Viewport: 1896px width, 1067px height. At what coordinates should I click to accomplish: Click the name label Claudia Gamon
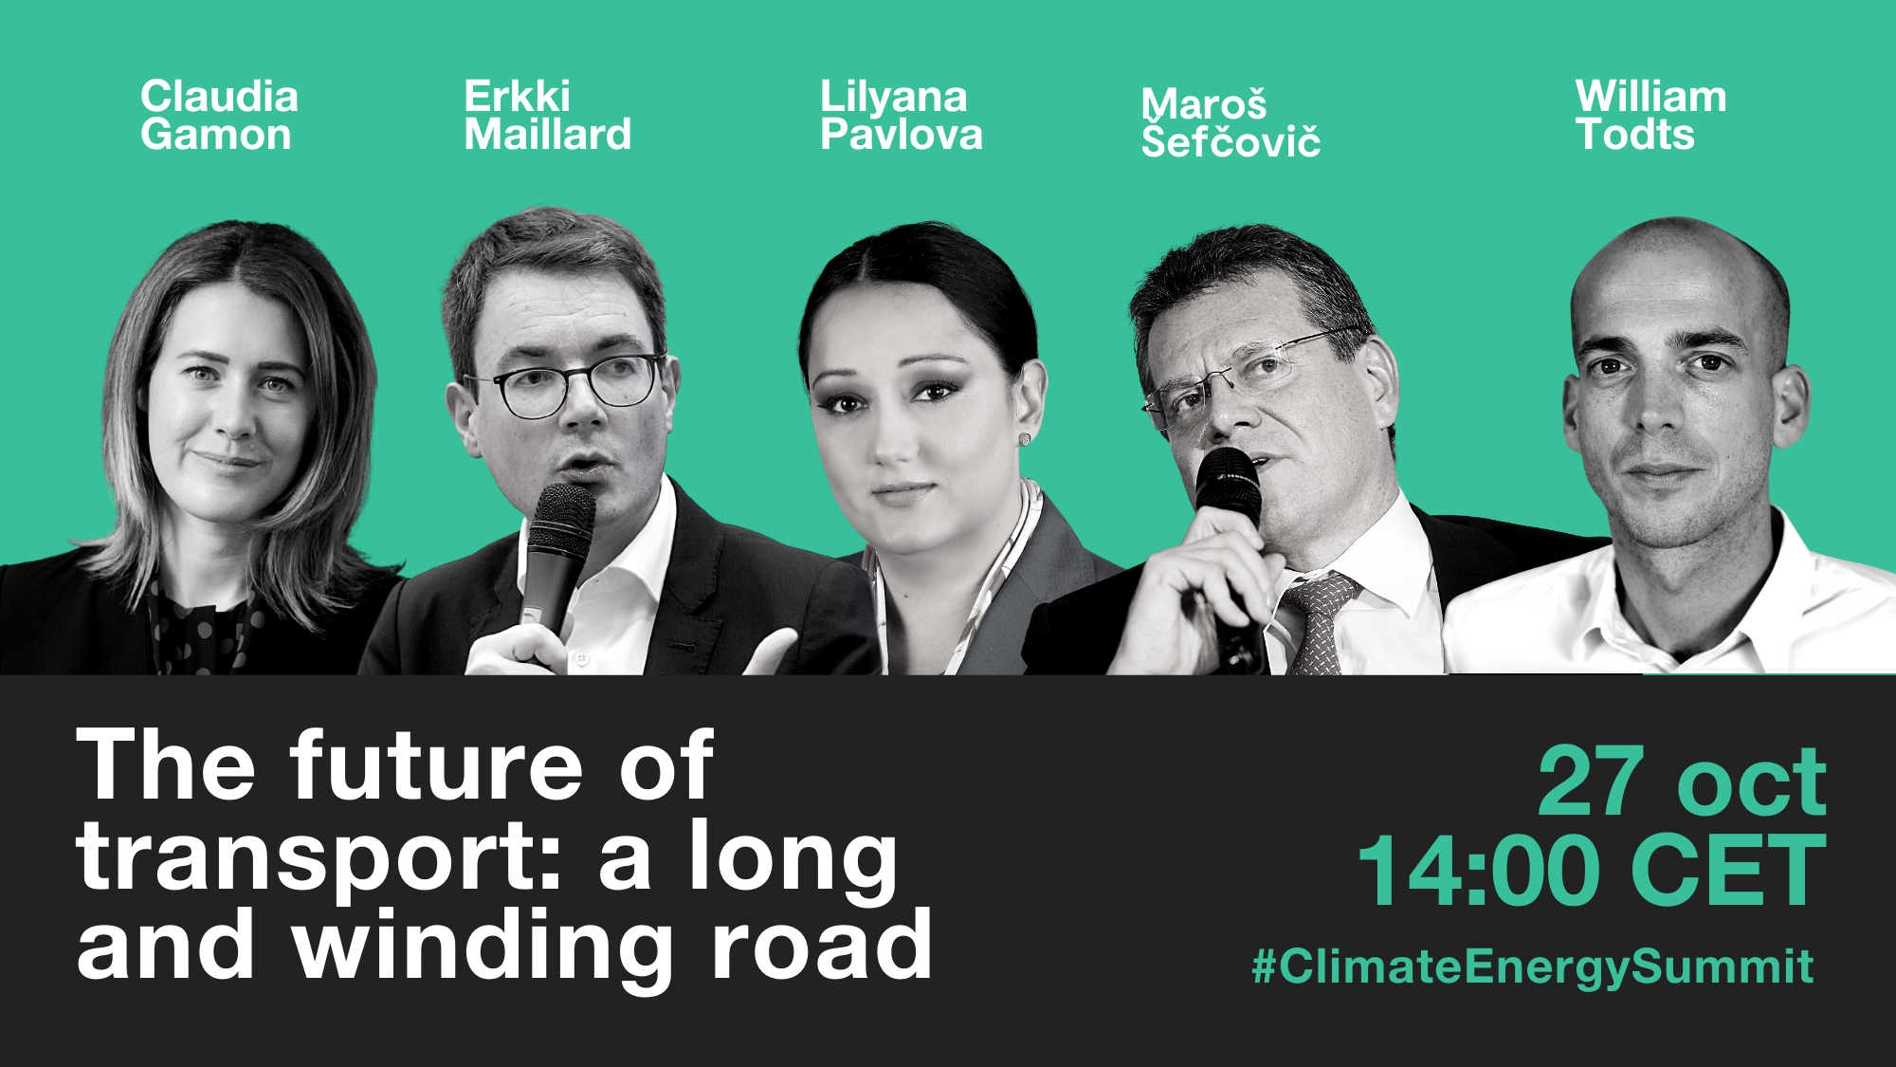219,115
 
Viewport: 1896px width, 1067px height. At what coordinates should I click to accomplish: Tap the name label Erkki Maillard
547,115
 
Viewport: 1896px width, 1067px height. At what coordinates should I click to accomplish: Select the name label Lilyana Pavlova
901,115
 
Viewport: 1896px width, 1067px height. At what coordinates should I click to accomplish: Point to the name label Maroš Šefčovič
1231,121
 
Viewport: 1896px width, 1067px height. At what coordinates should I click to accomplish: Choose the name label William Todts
1650,115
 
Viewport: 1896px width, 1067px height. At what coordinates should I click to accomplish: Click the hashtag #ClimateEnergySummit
1533,966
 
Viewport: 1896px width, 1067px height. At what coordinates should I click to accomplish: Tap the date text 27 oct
1682,781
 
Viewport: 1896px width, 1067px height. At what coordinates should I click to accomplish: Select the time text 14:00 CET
1593,870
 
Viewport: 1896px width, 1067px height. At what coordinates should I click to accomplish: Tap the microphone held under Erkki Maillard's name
556,560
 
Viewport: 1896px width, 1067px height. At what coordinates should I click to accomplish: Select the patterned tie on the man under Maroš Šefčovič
1315,621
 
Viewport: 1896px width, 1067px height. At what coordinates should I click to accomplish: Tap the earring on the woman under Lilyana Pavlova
1025,439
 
